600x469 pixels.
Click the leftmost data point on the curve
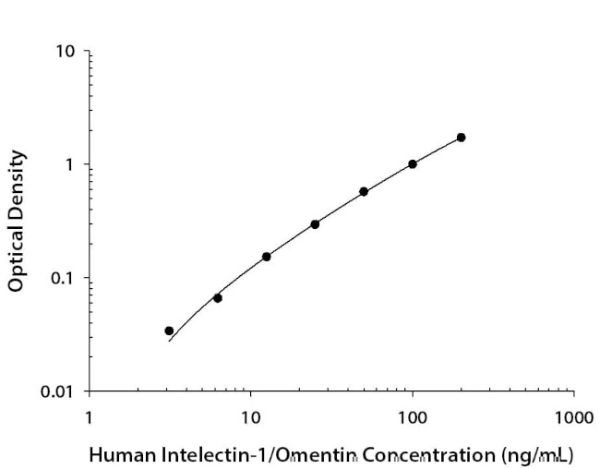click(169, 331)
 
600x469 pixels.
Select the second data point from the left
click(218, 297)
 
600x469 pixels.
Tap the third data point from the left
click(267, 257)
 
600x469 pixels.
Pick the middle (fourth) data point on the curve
click(315, 224)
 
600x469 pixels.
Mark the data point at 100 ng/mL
click(413, 164)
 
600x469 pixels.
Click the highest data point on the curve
click(461, 138)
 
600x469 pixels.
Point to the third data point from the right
click(364, 192)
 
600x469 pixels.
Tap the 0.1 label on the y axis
click(62, 278)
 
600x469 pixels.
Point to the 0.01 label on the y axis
click(57, 391)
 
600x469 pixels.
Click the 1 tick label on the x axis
click(90, 417)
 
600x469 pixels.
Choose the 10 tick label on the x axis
click(250, 417)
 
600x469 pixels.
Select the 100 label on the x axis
click(412, 417)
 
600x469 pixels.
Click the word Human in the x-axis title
click(117, 454)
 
